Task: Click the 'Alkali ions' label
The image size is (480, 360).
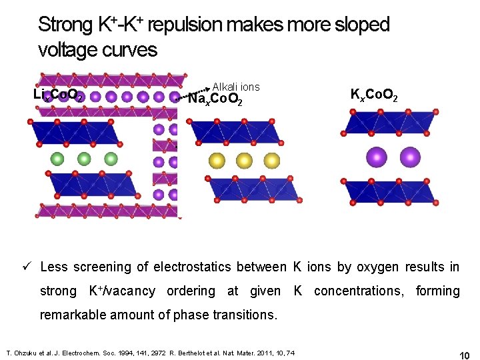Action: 235,87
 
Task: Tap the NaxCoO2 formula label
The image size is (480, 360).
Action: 215,100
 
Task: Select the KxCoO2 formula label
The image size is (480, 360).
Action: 375,95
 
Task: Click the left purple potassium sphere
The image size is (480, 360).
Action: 377,157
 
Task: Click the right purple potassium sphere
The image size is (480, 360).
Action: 410,157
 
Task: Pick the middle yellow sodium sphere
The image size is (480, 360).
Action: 244,160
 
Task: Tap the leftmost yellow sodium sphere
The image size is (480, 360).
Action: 217,160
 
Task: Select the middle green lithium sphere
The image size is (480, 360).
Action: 84,159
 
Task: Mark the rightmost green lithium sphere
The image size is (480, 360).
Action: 111,159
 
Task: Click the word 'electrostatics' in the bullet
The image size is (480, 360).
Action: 194,267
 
